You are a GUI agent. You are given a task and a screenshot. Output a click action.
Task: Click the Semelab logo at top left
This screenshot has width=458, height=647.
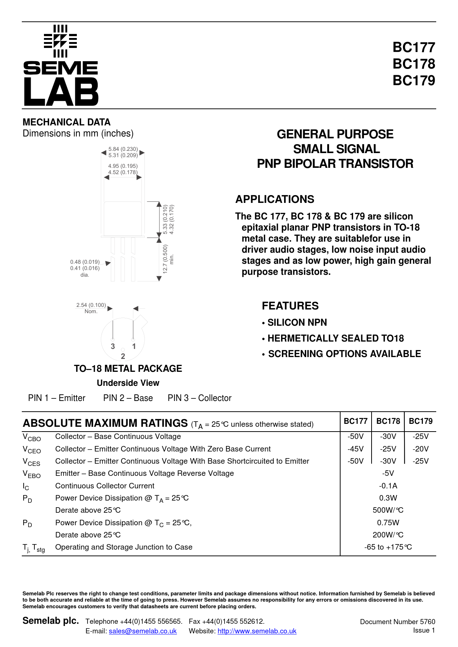61,66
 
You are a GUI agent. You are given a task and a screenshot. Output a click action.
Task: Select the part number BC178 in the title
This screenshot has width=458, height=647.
414,64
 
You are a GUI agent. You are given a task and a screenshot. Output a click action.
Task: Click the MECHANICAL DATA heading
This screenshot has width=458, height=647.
66,122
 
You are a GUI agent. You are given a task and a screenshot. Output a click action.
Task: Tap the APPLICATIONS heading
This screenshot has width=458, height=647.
275,199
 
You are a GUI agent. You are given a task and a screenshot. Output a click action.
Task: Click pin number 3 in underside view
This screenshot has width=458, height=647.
113,346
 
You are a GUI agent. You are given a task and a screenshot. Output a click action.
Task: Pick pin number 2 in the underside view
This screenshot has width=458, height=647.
123,356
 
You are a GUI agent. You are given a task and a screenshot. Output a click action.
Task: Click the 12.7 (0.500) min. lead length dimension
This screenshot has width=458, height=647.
168,259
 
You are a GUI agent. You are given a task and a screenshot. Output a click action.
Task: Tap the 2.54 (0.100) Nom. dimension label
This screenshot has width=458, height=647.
91,308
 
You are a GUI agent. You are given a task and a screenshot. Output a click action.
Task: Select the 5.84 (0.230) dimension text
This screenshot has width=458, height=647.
123,149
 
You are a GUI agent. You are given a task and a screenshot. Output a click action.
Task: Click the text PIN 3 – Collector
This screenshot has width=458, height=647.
199,398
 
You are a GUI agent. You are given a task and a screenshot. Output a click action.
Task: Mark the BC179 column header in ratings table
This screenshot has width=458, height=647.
421,421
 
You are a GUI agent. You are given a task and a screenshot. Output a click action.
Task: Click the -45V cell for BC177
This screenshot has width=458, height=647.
355,449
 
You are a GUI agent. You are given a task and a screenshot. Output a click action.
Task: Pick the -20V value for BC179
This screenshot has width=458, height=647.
421,449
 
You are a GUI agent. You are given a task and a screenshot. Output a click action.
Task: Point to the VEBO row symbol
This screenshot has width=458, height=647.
32,474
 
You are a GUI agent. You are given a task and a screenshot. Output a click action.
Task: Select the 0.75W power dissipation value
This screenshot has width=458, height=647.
388,523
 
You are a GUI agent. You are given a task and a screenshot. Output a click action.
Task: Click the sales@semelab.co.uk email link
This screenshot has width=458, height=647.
143,631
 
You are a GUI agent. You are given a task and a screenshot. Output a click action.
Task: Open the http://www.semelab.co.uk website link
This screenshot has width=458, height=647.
257,631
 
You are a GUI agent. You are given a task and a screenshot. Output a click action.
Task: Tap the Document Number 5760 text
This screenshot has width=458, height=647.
397,622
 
